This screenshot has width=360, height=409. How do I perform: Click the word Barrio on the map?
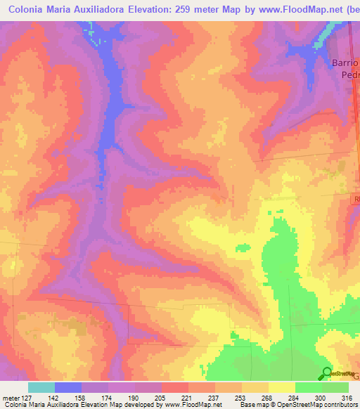[x=345, y=63]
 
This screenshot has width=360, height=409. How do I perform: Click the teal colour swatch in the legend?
[x=41, y=387]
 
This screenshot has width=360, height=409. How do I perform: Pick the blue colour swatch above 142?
[x=68, y=387]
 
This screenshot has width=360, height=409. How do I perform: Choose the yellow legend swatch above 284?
[x=281, y=387]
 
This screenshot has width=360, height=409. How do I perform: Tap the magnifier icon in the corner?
[x=326, y=374]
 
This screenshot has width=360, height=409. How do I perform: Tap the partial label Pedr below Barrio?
[x=350, y=74]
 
